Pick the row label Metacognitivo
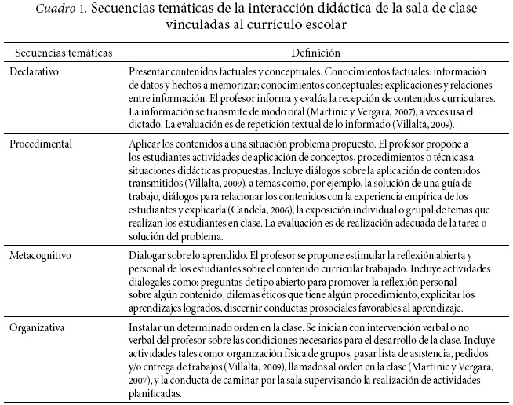(x=42, y=256)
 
